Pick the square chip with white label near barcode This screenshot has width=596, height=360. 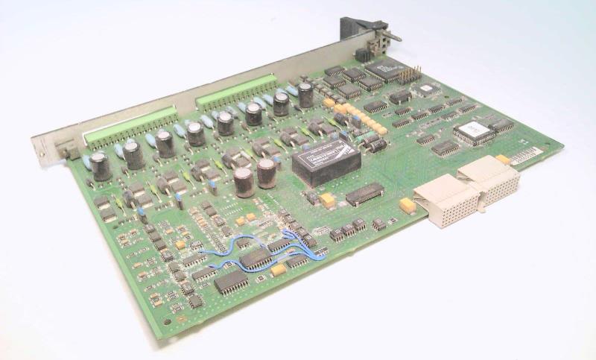click(x=474, y=131)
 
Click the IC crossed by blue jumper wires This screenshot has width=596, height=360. click(x=256, y=258)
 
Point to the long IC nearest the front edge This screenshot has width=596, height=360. click(x=230, y=281)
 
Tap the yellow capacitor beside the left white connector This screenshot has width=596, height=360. click(x=407, y=205)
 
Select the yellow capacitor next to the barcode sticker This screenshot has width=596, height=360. click(x=504, y=159)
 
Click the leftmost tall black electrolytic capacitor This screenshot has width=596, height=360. click(x=101, y=166)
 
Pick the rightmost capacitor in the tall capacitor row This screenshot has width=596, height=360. click(x=305, y=94)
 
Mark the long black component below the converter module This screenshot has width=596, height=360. click(x=365, y=195)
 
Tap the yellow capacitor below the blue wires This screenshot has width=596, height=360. click(x=278, y=270)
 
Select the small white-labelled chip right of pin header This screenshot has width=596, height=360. click(x=426, y=89)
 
